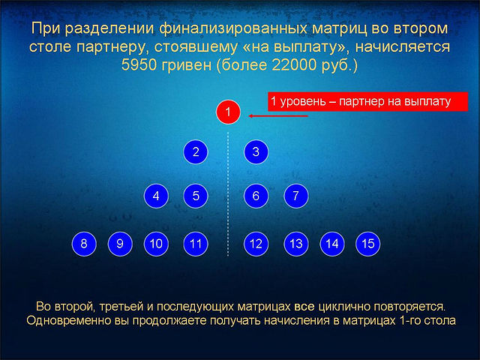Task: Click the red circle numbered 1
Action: coord(228,112)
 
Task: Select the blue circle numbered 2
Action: coord(196,151)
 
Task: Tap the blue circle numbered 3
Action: coord(256,151)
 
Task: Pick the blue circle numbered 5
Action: coord(196,196)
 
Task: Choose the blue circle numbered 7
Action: coord(296,196)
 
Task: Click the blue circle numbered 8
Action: coord(84,244)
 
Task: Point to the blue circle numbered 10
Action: coord(156,244)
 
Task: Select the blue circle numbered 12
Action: coord(256,244)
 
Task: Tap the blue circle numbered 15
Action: coord(368,244)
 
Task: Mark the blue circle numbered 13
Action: coord(296,244)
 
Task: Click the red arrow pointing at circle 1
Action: coord(278,116)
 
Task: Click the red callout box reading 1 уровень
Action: coord(368,101)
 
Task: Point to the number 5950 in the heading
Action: coord(139,65)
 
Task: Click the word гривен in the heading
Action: coord(187,65)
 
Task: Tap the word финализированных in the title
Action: coord(233,29)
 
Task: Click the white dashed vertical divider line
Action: coord(228,194)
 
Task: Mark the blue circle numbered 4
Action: coord(156,196)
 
